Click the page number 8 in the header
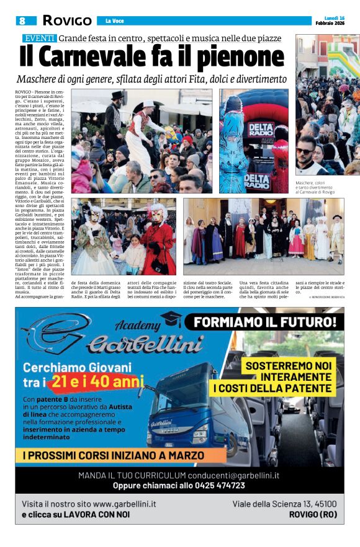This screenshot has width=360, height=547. [22, 20]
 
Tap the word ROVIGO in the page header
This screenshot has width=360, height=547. [67, 20]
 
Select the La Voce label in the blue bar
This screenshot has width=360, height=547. [114, 21]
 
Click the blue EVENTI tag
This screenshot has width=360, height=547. [39, 38]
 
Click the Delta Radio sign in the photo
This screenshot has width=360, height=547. [260, 130]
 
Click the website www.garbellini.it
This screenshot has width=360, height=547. [124, 504]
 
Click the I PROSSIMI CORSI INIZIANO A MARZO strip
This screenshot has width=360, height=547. [113, 456]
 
